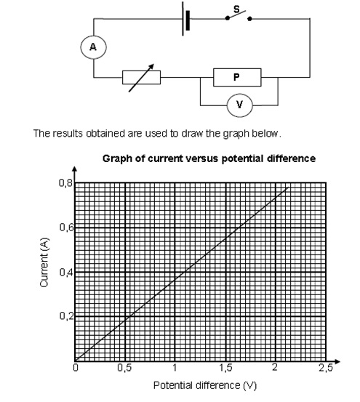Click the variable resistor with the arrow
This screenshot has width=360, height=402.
[141, 78]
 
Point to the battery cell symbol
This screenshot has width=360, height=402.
[186, 19]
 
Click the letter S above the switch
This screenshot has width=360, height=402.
[236, 9]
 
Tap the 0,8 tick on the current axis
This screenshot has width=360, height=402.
[66, 183]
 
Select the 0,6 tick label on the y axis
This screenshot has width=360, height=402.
[66, 228]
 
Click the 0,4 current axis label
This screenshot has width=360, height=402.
[66, 272]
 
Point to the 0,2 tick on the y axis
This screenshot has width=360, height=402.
[66, 315]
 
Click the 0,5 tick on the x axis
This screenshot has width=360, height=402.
[124, 368]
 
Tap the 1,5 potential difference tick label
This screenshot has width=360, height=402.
[225, 368]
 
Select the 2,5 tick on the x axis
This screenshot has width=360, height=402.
[325, 368]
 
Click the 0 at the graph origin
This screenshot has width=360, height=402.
[76, 368]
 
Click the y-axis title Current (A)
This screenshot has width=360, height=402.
[44, 262]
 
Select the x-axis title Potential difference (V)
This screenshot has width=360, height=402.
[205, 385]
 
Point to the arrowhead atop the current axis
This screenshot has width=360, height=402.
[74, 169]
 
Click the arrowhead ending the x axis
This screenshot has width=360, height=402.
[337, 361]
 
